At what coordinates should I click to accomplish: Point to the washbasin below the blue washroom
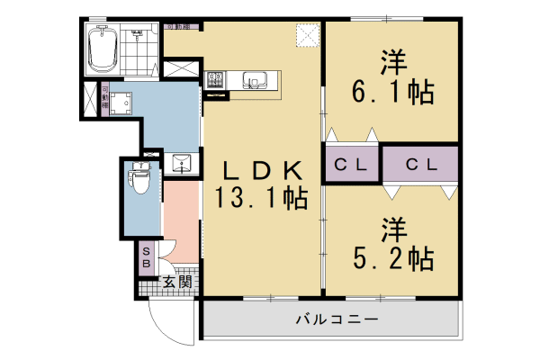[180, 164]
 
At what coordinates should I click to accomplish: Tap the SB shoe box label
[147, 257]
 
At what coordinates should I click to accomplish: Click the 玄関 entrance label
[176, 283]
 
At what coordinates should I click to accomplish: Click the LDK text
[262, 168]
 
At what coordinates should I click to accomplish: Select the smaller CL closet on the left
[351, 166]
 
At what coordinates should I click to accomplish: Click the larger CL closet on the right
[420, 166]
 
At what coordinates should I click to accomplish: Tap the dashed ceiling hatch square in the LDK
[310, 35]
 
